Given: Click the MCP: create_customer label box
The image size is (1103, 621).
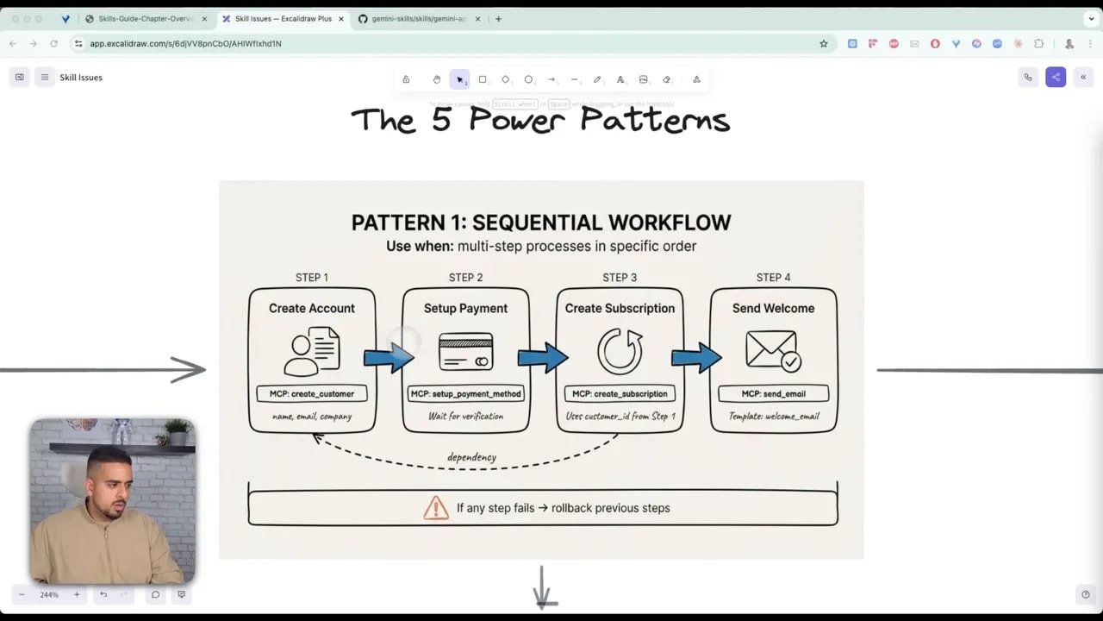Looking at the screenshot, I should point(312,393).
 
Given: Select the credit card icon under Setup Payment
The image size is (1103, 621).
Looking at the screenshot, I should point(465,352).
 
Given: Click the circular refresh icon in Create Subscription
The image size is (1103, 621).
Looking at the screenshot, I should point(620,352).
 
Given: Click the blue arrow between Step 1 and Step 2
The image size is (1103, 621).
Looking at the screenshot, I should point(389,357).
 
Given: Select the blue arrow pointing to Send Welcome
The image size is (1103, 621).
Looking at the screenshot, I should point(696,357).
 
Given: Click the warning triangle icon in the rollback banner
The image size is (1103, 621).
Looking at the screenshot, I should point(436,508).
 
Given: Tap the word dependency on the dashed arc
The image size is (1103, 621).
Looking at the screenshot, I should point(471,457).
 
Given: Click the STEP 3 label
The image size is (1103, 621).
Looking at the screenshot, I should point(620,278).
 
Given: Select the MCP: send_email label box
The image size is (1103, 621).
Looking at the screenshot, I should point(773,393).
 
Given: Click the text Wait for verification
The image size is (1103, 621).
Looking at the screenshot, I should point(465,417).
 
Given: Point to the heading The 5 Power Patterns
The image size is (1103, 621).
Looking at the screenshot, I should point(540,120).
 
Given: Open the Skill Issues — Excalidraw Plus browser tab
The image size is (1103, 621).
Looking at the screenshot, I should point(283,19).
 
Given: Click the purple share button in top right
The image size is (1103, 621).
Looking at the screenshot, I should point(1056,78).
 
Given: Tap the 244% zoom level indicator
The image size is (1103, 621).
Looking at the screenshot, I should point(49,594).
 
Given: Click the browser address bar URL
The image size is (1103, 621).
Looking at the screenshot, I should point(185,43).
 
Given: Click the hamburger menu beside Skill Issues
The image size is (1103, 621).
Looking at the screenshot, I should point(45,78).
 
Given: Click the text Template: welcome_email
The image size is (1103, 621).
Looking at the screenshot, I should point(773,417).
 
